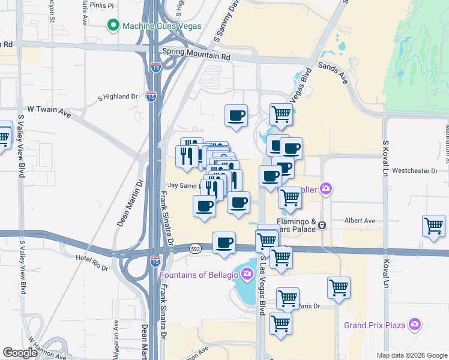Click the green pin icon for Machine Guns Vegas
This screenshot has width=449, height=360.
pyautogui.click(x=112, y=25)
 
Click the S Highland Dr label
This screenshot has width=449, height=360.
pyautogui.click(x=118, y=97)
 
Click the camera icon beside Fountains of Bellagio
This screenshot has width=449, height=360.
pyautogui.click(x=247, y=275)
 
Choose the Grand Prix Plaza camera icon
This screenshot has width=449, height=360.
pyautogui.click(x=414, y=325)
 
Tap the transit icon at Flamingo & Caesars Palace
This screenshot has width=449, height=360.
pyautogui.click(x=322, y=226)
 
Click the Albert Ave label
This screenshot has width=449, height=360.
pyautogui.click(x=360, y=220)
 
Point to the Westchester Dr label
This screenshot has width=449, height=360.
pyautogui.click(x=415, y=170)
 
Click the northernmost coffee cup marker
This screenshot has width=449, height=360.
pyautogui.click(x=236, y=115)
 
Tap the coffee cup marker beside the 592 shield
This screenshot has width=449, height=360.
pyautogui.click(x=224, y=242)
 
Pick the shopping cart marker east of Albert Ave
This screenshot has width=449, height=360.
pyautogui.click(x=433, y=226)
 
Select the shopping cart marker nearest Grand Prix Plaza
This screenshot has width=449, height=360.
pyautogui.click(x=339, y=287)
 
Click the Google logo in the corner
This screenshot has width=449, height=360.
pyautogui.click(x=20, y=353)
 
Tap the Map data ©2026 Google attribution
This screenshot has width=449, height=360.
pyautogui.click(x=411, y=355)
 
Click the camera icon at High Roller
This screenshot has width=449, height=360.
pyautogui.click(x=325, y=190)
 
